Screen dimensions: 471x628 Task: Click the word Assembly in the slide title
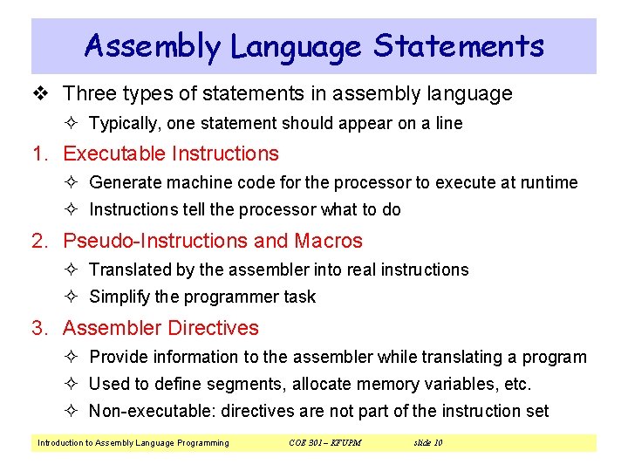pyautogui.click(x=153, y=46)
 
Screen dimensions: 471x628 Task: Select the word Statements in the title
pyautogui.click(x=459, y=46)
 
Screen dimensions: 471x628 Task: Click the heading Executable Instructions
pyautogui.click(x=171, y=154)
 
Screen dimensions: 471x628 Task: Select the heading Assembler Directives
pyautogui.click(x=161, y=328)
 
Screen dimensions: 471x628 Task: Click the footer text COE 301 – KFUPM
pyautogui.click(x=324, y=443)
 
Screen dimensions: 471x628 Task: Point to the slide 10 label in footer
pyautogui.click(x=427, y=443)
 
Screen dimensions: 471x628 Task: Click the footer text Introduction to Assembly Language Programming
pyautogui.click(x=133, y=443)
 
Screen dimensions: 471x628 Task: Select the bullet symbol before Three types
pyautogui.click(x=39, y=93)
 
